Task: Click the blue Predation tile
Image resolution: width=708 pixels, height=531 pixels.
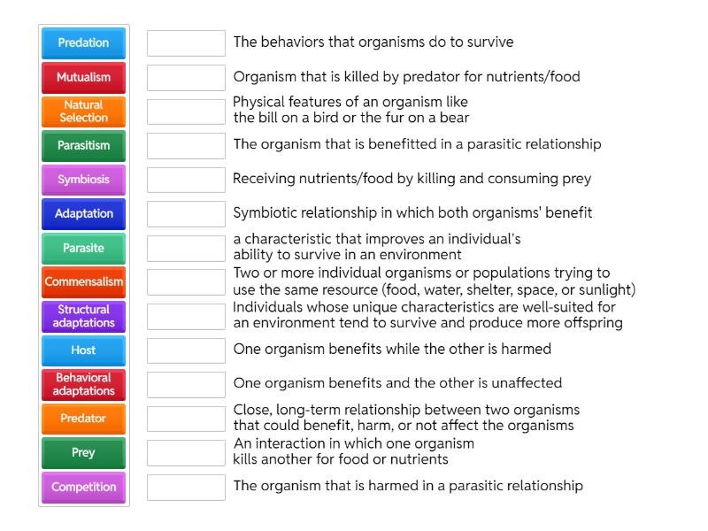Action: pyautogui.click(x=83, y=42)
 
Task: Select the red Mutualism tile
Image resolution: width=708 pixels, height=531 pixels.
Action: pyautogui.click(x=83, y=77)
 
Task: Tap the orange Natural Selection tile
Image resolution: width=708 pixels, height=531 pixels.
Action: pyautogui.click(x=83, y=111)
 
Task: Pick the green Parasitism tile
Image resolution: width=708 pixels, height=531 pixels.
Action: pyautogui.click(x=83, y=145)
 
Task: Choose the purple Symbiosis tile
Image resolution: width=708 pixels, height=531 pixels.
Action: pyautogui.click(x=83, y=180)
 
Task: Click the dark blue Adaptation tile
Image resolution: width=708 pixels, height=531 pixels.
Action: pyautogui.click(x=83, y=213)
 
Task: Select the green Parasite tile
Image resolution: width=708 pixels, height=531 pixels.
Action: pyautogui.click(x=83, y=248)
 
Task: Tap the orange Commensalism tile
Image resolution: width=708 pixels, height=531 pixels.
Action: pyautogui.click(x=83, y=281)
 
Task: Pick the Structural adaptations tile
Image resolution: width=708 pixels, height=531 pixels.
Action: pyautogui.click(x=83, y=316)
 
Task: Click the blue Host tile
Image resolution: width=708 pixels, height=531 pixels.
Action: pyautogui.click(x=83, y=350)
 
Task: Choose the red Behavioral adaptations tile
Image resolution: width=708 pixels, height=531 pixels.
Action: pyautogui.click(x=83, y=384)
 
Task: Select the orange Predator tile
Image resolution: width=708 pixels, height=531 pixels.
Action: pyautogui.click(x=83, y=419)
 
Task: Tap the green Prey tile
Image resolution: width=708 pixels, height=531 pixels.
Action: pyautogui.click(x=83, y=452)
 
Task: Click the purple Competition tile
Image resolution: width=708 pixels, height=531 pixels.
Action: pyautogui.click(x=83, y=487)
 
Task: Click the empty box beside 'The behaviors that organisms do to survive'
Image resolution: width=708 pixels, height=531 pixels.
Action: pyautogui.click(x=186, y=42)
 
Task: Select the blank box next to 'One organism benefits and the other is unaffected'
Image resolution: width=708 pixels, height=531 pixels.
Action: pyautogui.click(x=186, y=384)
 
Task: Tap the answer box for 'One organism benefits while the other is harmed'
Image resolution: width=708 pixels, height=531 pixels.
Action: pyautogui.click(x=186, y=350)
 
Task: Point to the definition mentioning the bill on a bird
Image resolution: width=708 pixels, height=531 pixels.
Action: pyautogui.click(x=350, y=110)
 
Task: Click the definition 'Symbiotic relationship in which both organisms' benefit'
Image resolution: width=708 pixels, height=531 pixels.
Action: pyautogui.click(x=412, y=212)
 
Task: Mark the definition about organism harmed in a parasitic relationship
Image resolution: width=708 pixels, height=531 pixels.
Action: pyautogui.click(x=408, y=485)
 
